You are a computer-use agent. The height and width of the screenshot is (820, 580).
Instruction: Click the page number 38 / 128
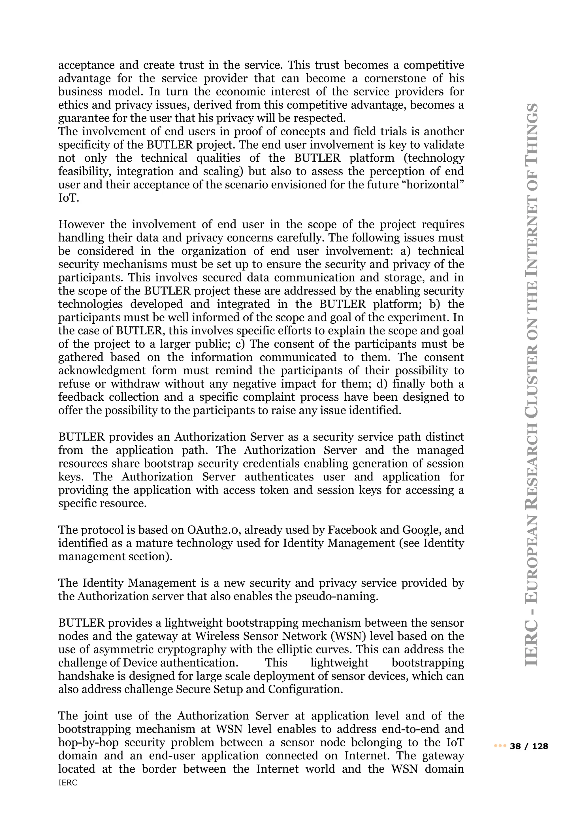pyautogui.click(x=529, y=746)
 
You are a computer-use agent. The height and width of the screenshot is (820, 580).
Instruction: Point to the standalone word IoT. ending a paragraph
pyautogui.click(x=69, y=198)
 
